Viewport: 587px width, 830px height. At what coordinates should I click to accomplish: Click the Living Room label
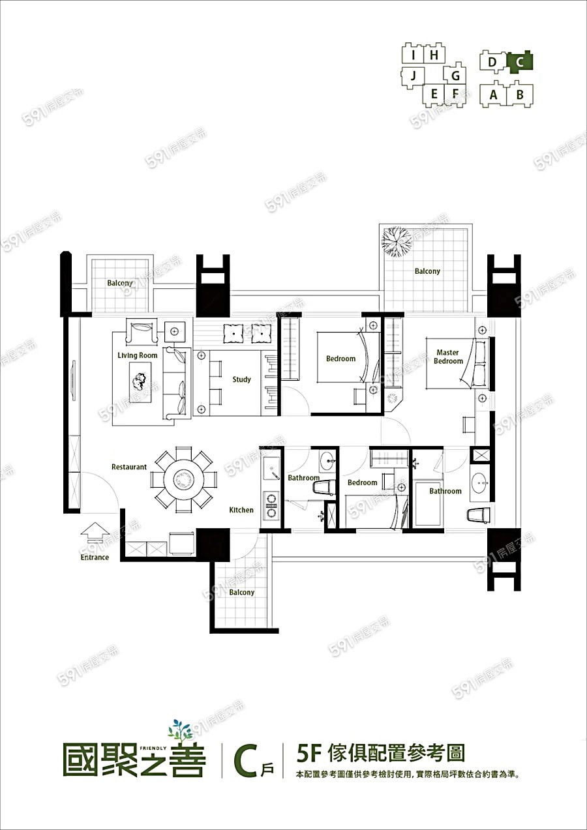138,355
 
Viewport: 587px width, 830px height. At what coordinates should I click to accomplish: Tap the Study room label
241,379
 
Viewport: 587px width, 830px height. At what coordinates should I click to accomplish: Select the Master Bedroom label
449,357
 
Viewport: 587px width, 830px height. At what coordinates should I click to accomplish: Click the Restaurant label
129,467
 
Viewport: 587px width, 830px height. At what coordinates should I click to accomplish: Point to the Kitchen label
241,510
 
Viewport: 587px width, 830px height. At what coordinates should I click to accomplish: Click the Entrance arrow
95,533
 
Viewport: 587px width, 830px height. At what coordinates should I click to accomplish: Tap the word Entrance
95,557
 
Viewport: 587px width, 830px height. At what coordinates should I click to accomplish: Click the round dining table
184,479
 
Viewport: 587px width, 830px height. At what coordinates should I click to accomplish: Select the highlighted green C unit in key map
520,62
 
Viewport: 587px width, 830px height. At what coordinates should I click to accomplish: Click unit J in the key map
414,76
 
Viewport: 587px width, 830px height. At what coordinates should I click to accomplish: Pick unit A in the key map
493,95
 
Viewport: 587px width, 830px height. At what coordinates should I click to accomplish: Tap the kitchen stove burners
271,505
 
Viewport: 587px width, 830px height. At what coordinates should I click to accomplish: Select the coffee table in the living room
140,381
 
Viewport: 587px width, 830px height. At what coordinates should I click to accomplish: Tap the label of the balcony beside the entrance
241,592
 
